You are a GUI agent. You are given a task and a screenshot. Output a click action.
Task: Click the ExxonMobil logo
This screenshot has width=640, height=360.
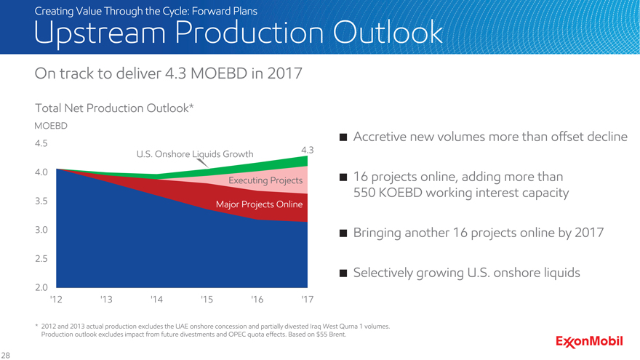(589, 341)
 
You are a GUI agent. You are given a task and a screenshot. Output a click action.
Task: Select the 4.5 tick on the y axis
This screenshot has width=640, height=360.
(41, 143)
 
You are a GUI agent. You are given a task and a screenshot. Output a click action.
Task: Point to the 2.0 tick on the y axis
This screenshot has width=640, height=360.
(41, 287)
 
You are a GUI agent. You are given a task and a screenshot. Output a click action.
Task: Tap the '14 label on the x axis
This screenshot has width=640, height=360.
(156, 300)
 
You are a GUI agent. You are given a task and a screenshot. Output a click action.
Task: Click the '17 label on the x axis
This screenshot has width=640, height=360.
(308, 300)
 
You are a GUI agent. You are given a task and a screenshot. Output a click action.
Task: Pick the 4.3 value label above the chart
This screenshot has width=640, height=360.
(308, 150)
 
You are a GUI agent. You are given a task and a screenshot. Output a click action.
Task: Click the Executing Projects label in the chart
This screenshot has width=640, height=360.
(265, 180)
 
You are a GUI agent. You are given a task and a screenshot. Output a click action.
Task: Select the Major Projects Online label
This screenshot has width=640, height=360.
(259, 204)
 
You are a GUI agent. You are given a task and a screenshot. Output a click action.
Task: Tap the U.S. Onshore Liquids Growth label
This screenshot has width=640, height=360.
(195, 154)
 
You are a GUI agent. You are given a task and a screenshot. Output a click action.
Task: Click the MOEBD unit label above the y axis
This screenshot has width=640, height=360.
(51, 126)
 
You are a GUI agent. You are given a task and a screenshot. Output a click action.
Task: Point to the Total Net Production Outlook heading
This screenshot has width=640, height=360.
(114, 108)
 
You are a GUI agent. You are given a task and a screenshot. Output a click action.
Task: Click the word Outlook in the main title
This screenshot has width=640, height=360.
(388, 32)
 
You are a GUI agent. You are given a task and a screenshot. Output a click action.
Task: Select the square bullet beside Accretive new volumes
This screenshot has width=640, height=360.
(343, 137)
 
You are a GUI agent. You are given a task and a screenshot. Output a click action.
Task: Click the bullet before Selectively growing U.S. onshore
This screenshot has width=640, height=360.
(343, 273)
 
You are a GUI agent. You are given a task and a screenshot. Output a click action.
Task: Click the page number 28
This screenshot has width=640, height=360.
(5, 355)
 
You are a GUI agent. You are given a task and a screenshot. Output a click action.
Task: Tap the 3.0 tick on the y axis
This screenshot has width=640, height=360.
(41, 230)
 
